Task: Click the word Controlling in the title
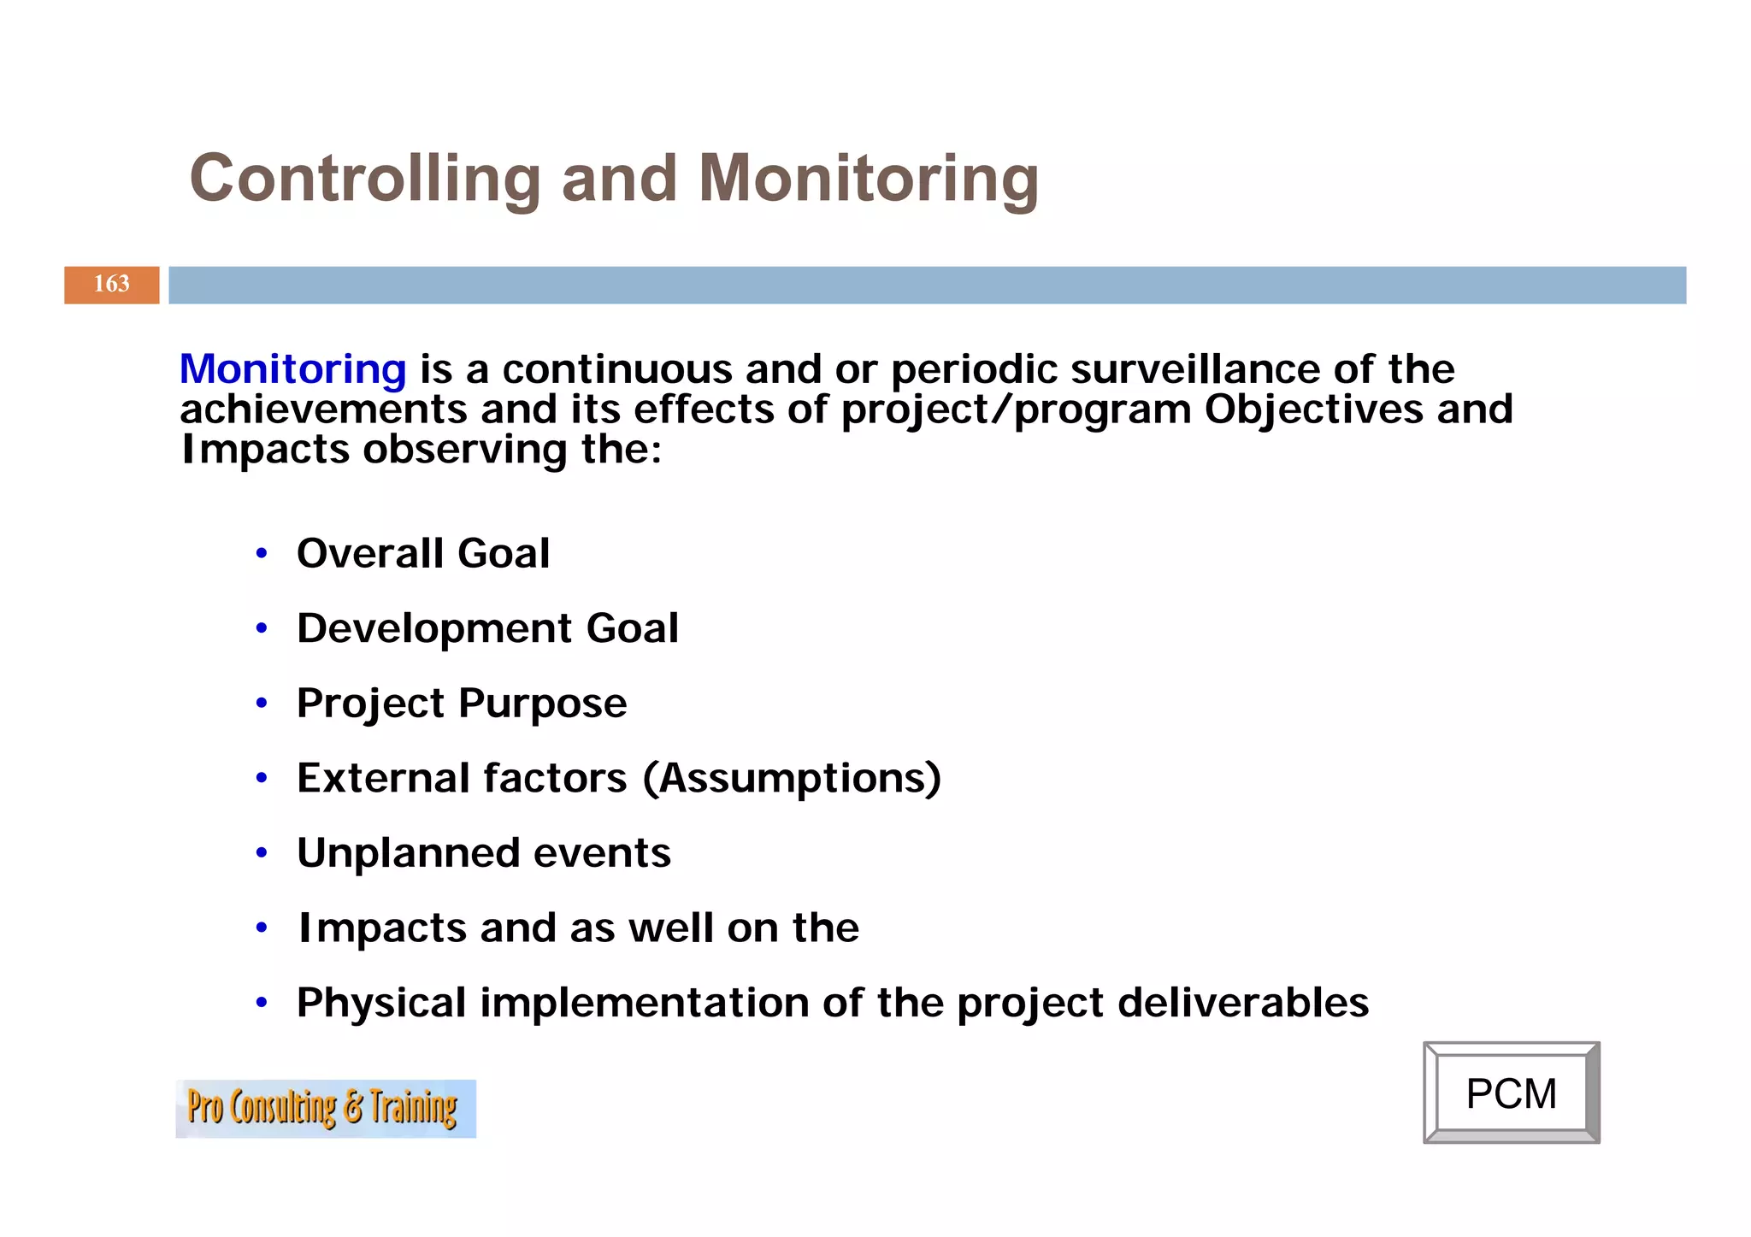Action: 365,179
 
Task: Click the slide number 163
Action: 111,285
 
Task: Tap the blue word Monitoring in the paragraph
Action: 292,369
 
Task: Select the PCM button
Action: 1511,1093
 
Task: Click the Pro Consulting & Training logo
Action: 325,1109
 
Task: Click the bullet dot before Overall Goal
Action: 262,553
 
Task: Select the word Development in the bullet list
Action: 433,628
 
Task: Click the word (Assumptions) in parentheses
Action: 792,779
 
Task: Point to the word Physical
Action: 380,1003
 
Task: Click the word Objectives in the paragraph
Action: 1313,409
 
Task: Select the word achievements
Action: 322,409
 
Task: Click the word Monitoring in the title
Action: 868,179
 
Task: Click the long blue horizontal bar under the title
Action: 927,285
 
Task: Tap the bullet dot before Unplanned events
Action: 262,853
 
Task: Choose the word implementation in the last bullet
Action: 644,1003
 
